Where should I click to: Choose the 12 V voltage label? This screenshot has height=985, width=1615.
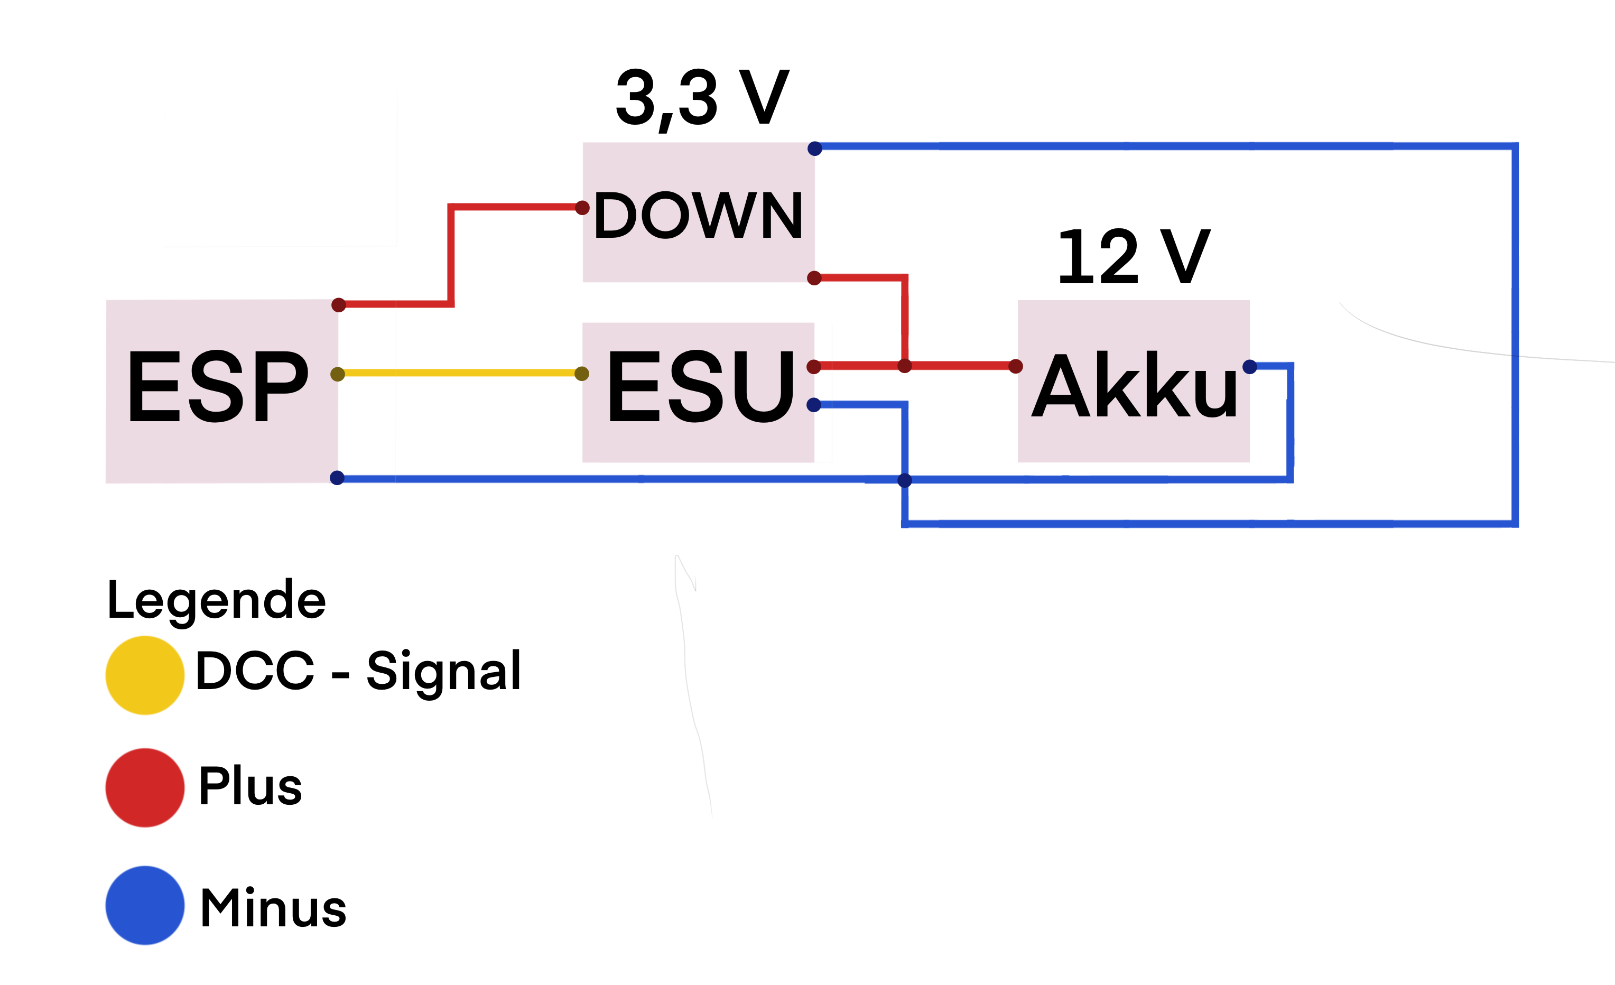tap(1134, 257)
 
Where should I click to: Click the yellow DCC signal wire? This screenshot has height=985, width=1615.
tap(459, 373)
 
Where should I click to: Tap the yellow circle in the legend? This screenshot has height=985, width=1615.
tap(145, 675)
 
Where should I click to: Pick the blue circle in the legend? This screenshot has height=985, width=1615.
tap(145, 905)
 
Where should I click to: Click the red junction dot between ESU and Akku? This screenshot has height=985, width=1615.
tap(905, 366)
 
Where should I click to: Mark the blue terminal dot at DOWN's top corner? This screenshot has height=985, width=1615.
tap(815, 149)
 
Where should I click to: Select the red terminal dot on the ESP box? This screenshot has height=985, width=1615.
tap(338, 305)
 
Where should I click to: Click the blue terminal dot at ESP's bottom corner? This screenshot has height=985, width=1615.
tap(337, 478)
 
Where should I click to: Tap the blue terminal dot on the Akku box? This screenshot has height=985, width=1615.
tap(1249, 367)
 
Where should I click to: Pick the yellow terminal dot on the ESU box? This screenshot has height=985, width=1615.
tap(581, 374)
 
